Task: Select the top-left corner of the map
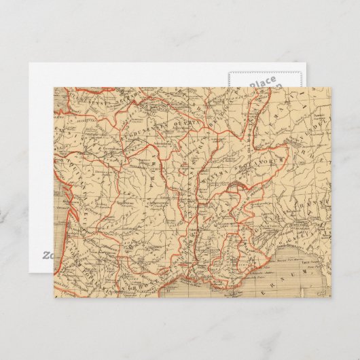click(54, 86)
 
